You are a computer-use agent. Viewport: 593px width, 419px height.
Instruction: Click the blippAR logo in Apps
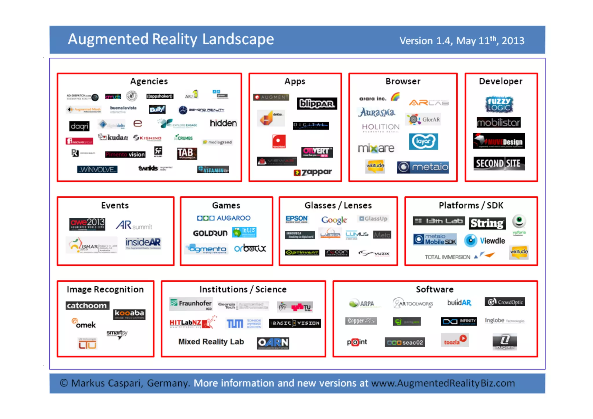click(317, 104)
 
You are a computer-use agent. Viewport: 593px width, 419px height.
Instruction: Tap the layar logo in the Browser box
click(423, 141)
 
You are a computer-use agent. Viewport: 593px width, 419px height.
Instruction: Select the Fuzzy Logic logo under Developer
click(499, 105)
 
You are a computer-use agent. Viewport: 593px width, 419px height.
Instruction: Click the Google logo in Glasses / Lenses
click(334, 220)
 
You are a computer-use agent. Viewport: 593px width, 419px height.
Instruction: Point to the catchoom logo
click(87, 305)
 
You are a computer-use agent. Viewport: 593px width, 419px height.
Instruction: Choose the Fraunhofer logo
click(191, 304)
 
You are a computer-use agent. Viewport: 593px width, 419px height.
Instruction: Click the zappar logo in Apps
click(313, 172)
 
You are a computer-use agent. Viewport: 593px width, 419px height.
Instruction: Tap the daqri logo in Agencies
click(79, 126)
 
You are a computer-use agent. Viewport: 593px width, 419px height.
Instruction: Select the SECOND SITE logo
click(499, 164)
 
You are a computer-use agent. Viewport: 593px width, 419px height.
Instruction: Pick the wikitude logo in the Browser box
click(375, 166)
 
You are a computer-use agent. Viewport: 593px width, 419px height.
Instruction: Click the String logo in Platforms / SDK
click(487, 223)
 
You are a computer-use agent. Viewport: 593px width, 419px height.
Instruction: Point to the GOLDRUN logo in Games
click(210, 233)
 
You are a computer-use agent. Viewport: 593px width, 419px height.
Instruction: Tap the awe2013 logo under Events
click(87, 224)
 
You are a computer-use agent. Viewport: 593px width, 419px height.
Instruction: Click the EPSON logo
click(296, 219)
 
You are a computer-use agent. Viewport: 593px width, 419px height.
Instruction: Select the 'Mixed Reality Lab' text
click(211, 342)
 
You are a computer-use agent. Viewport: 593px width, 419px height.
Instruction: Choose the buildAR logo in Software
click(459, 303)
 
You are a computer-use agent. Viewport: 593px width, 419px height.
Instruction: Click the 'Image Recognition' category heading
click(105, 289)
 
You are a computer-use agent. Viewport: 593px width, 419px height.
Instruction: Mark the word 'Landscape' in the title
click(238, 39)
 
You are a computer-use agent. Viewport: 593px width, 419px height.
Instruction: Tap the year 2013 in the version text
click(513, 41)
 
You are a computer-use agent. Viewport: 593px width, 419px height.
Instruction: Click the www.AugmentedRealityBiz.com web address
click(443, 383)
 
